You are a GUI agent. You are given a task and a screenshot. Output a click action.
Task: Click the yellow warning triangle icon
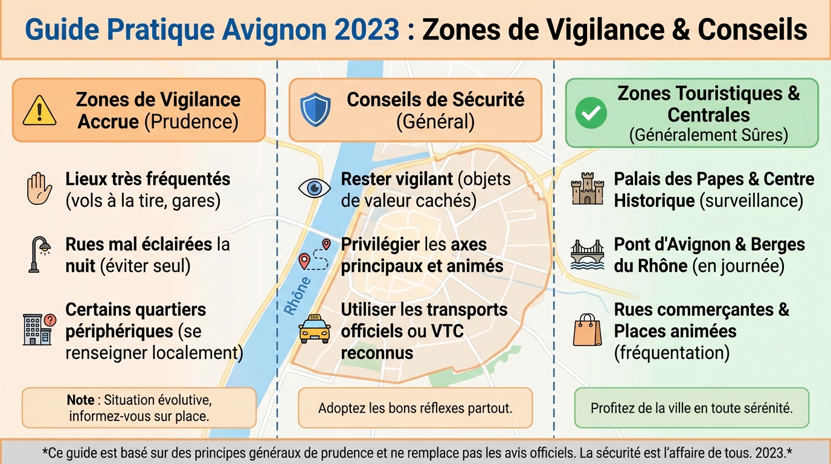tap(39, 111)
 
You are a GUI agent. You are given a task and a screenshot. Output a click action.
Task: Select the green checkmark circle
tap(591, 113)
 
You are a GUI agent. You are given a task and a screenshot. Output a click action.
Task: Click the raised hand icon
tap(39, 189)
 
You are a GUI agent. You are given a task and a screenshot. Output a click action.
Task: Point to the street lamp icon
tap(39, 254)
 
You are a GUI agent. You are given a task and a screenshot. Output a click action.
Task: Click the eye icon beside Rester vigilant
tap(315, 188)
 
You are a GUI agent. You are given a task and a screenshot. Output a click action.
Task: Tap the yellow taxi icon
tap(315, 329)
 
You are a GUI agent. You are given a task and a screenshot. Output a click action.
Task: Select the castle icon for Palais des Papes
tap(587, 188)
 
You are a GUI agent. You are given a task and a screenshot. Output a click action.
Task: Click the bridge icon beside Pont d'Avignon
tap(587, 254)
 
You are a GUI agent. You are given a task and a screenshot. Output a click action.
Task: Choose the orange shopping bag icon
tap(587, 329)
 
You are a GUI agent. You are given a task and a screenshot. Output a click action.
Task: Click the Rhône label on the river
tap(297, 296)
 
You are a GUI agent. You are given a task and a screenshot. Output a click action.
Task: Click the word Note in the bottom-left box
tap(80, 401)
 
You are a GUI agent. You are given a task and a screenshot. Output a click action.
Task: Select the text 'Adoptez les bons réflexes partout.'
tap(415, 408)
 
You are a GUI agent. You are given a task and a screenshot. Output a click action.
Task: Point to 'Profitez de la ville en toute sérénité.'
tap(691, 408)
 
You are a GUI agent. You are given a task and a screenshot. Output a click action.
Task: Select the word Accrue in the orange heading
tap(108, 121)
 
